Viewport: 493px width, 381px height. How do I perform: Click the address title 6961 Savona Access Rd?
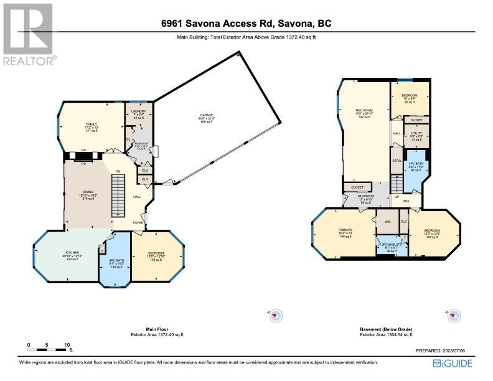tap(246, 24)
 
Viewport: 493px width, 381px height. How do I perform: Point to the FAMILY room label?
tap(92, 125)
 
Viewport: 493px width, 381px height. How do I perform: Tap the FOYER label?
tap(137, 221)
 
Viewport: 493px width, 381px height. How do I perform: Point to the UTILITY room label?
tap(416, 133)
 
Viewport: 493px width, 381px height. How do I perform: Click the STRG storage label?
tap(397, 159)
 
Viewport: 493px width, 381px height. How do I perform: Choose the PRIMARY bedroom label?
tap(345, 230)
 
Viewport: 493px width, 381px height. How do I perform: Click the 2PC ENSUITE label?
tap(390, 245)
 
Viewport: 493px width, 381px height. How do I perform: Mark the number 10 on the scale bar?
tap(67, 344)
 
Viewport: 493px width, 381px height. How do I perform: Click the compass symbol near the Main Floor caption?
tap(273, 316)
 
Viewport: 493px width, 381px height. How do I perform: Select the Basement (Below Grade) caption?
tap(386, 329)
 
